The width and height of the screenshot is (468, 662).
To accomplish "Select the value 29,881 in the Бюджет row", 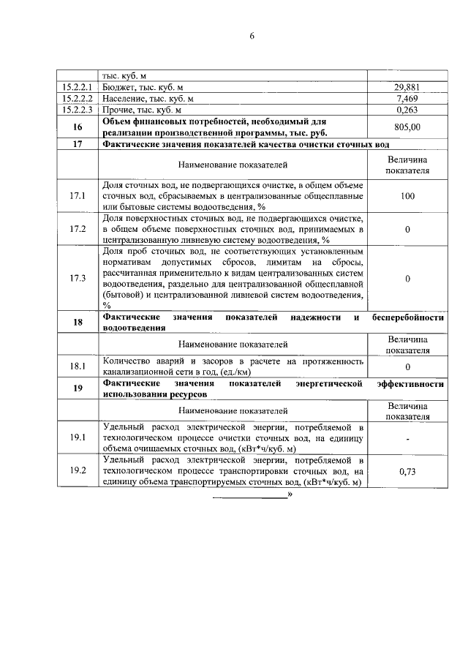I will (407, 87).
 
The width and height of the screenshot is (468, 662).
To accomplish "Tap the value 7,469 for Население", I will (407, 99).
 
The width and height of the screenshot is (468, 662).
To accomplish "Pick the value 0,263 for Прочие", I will (407, 110).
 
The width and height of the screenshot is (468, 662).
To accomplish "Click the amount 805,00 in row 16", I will (407, 127).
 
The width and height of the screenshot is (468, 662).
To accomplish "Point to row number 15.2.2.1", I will (78, 87).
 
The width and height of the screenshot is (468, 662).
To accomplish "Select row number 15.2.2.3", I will (78, 110).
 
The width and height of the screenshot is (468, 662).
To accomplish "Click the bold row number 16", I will (78, 127).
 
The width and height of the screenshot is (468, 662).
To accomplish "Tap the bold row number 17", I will (78, 144).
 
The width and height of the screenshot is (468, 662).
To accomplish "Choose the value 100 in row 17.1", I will (407, 196).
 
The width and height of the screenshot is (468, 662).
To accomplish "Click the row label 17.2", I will (78, 229).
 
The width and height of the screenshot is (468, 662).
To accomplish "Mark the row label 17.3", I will (78, 278).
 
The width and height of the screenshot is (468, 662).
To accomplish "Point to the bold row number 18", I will (78, 323).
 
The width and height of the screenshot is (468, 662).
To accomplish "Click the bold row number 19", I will (78, 388).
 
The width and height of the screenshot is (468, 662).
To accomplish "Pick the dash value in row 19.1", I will (407, 438).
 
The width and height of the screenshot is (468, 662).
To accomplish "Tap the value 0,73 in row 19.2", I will (407, 472).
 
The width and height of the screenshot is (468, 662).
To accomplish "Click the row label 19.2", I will (78, 470).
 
